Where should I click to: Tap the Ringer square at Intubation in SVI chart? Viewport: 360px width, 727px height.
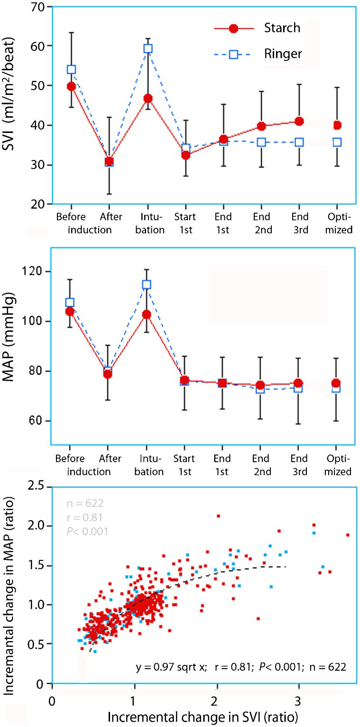tap(148, 48)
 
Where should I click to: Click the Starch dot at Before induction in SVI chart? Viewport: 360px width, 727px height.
tap(72, 86)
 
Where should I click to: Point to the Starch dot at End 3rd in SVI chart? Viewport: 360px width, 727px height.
tap(299, 121)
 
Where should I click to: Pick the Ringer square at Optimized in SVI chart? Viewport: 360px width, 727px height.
tap(337, 142)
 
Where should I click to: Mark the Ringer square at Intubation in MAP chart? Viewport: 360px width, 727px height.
tap(147, 285)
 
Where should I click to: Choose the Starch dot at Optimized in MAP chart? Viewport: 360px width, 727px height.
tap(337, 383)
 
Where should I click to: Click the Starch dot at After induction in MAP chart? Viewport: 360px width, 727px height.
tap(108, 374)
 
